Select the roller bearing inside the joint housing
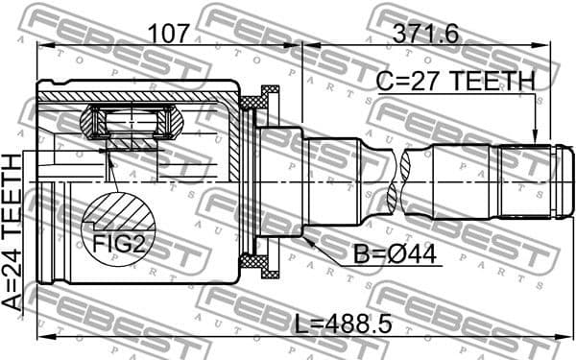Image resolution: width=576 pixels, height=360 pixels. point(134,125)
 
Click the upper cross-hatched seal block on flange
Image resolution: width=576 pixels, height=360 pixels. point(256,100)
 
